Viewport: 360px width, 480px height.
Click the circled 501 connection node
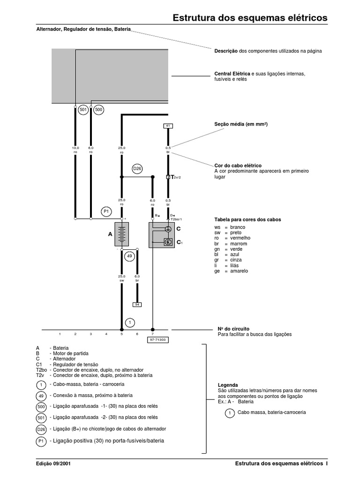coord(83,110)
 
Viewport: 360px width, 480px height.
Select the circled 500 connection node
coord(98,110)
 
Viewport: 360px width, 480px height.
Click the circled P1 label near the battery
coord(106,211)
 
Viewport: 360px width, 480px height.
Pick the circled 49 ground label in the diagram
coord(129,256)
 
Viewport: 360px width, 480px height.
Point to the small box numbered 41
coord(168,126)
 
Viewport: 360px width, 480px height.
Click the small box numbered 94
coord(137,304)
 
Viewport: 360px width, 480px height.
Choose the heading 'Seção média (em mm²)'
coord(240,124)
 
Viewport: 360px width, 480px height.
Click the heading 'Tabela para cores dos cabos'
coord(247,219)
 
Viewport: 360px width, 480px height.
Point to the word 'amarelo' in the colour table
coord(239,271)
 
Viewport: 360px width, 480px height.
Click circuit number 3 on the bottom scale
coord(90,334)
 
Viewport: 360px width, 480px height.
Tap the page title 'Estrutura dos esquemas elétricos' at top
coord(250,18)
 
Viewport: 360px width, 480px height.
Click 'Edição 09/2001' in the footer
coord(54,464)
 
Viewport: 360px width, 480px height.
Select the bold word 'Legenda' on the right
coord(228,385)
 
